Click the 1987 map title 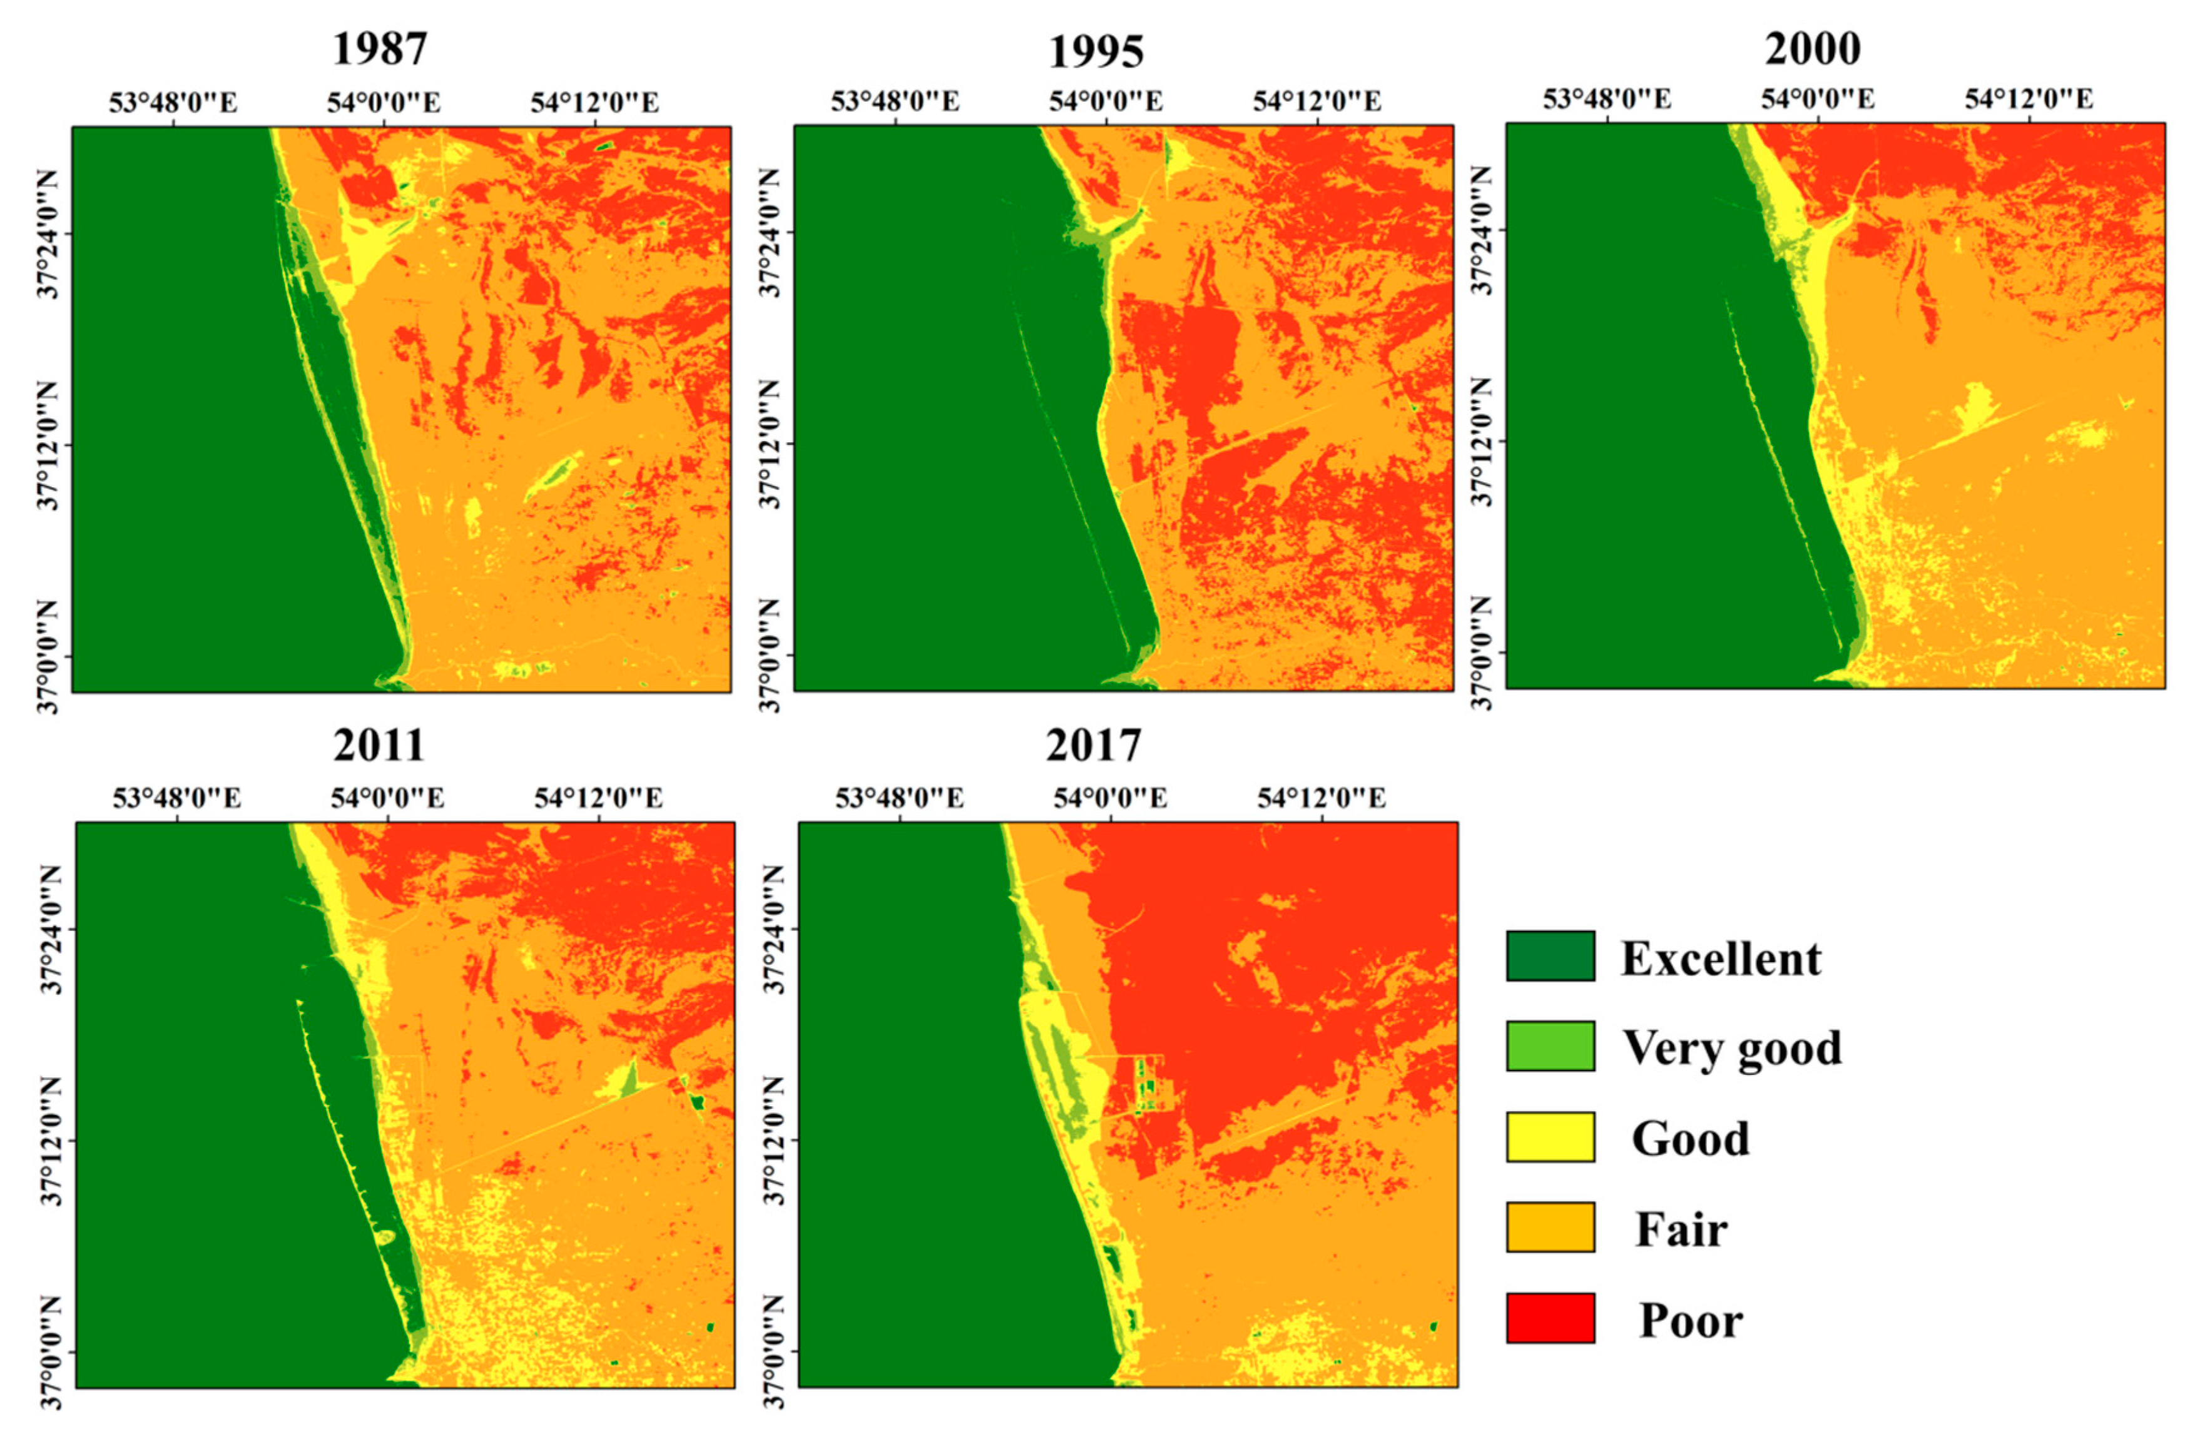[x=379, y=49]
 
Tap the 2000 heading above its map [x=1811, y=48]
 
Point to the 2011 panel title [x=379, y=745]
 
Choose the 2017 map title [x=1093, y=745]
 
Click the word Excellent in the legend [x=1721, y=959]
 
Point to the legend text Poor [x=1691, y=1321]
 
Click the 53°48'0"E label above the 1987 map [x=173, y=101]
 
